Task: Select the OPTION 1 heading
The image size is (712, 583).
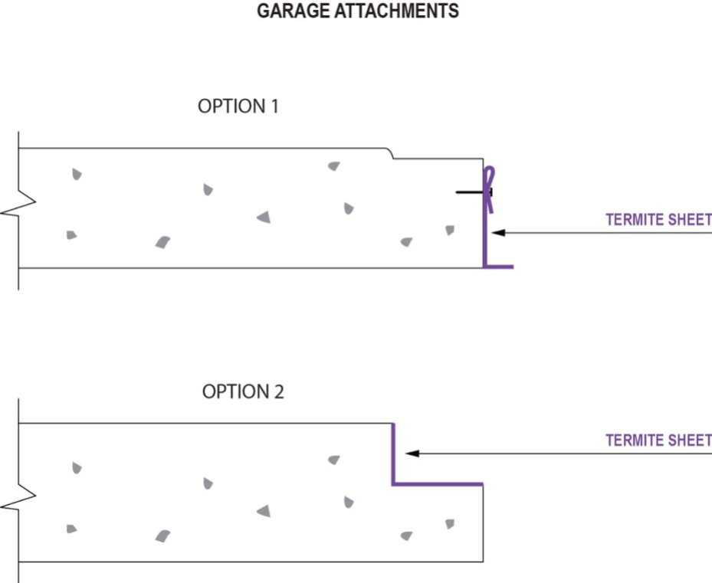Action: click(x=238, y=106)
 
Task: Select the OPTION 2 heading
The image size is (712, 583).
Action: click(x=242, y=391)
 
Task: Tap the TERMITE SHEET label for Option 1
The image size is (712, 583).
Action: click(x=658, y=220)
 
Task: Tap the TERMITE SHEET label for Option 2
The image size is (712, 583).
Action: click(x=658, y=441)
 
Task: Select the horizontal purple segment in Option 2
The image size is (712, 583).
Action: click(x=438, y=484)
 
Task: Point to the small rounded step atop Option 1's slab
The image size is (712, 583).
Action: click(x=391, y=153)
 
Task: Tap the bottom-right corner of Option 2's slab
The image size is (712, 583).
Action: click(x=483, y=562)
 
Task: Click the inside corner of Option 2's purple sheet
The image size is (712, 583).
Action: click(x=393, y=484)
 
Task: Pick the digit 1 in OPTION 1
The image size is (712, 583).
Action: click(x=273, y=106)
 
